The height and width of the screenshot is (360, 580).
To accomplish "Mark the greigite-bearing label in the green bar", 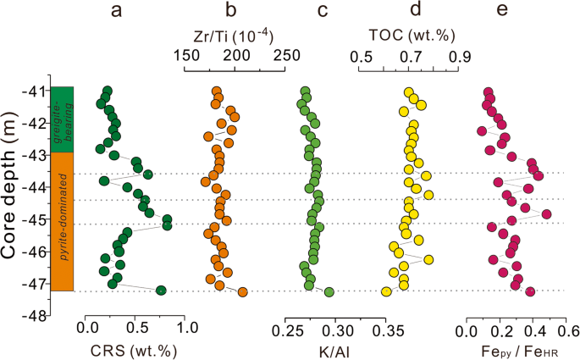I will click(x=70, y=119).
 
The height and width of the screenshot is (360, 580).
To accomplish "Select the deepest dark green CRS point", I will click(x=161, y=291).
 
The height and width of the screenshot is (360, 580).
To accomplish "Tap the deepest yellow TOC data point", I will click(x=387, y=291).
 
